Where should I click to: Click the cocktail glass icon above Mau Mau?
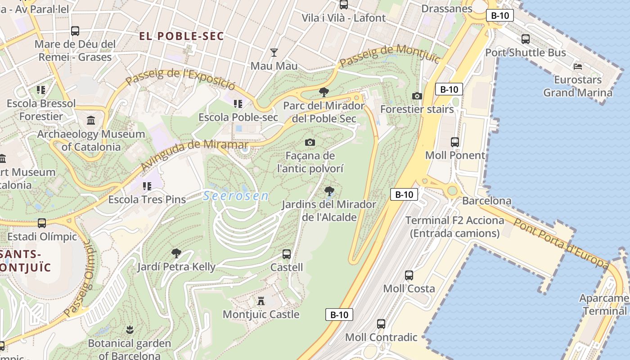274,52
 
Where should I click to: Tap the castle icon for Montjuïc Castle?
261,301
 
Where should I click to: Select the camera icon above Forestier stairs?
417,96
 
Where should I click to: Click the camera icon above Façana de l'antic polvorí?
310,143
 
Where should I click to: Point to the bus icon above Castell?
287,254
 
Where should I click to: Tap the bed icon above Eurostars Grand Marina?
578,67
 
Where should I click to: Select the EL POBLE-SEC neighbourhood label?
181,36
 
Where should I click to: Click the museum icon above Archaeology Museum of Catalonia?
91,120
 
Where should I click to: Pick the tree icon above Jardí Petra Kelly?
176,253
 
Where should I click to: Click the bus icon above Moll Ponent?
455,142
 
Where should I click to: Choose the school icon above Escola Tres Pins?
147,185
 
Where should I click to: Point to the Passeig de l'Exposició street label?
180,79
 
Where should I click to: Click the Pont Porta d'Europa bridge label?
562,242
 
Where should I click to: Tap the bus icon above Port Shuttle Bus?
525,39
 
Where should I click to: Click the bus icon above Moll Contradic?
381,324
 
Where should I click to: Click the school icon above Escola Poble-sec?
238,104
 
